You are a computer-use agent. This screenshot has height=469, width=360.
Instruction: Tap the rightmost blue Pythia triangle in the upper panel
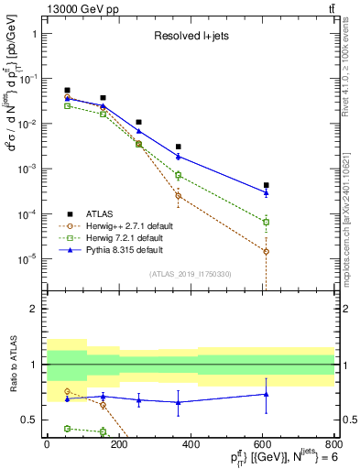pyautogui.click(x=267, y=192)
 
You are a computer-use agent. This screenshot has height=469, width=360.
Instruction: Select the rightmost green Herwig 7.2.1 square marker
pyautogui.click(x=267, y=222)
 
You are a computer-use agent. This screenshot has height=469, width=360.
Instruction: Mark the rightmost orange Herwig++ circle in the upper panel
pyautogui.click(x=267, y=251)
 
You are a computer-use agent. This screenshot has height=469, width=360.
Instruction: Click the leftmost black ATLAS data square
pyautogui.click(x=68, y=91)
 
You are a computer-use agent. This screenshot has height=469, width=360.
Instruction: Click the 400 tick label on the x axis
pyautogui.click(x=190, y=444)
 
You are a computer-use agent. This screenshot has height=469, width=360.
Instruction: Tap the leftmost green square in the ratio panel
pyautogui.click(x=68, y=428)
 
